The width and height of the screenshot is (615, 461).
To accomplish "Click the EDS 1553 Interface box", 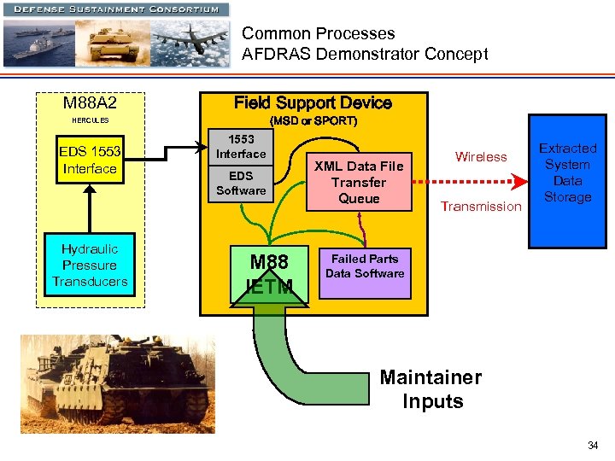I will click(x=90, y=160).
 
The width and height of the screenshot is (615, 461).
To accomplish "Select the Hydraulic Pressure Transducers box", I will click(x=90, y=265).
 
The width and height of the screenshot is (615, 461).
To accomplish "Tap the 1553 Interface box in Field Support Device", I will click(x=241, y=146).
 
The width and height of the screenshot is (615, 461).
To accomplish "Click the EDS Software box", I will click(x=241, y=183).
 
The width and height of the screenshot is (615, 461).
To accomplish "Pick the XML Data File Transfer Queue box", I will click(x=359, y=182).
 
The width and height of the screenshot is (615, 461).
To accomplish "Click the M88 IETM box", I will click(x=268, y=273).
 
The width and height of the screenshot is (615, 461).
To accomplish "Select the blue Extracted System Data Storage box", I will click(x=567, y=181).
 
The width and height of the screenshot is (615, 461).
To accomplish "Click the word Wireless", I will click(x=481, y=156).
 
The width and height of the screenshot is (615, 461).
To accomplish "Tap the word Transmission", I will click(x=480, y=206).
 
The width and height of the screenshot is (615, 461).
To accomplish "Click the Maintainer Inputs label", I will click(x=431, y=389).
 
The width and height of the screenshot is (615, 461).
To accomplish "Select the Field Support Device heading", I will click(x=313, y=103).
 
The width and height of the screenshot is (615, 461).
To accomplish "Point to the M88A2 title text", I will click(x=90, y=103).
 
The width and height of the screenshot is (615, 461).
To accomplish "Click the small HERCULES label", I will click(x=90, y=120).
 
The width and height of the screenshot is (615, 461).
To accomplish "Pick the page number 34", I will click(x=593, y=446).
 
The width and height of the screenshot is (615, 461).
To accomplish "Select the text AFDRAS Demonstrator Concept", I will click(x=365, y=55).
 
